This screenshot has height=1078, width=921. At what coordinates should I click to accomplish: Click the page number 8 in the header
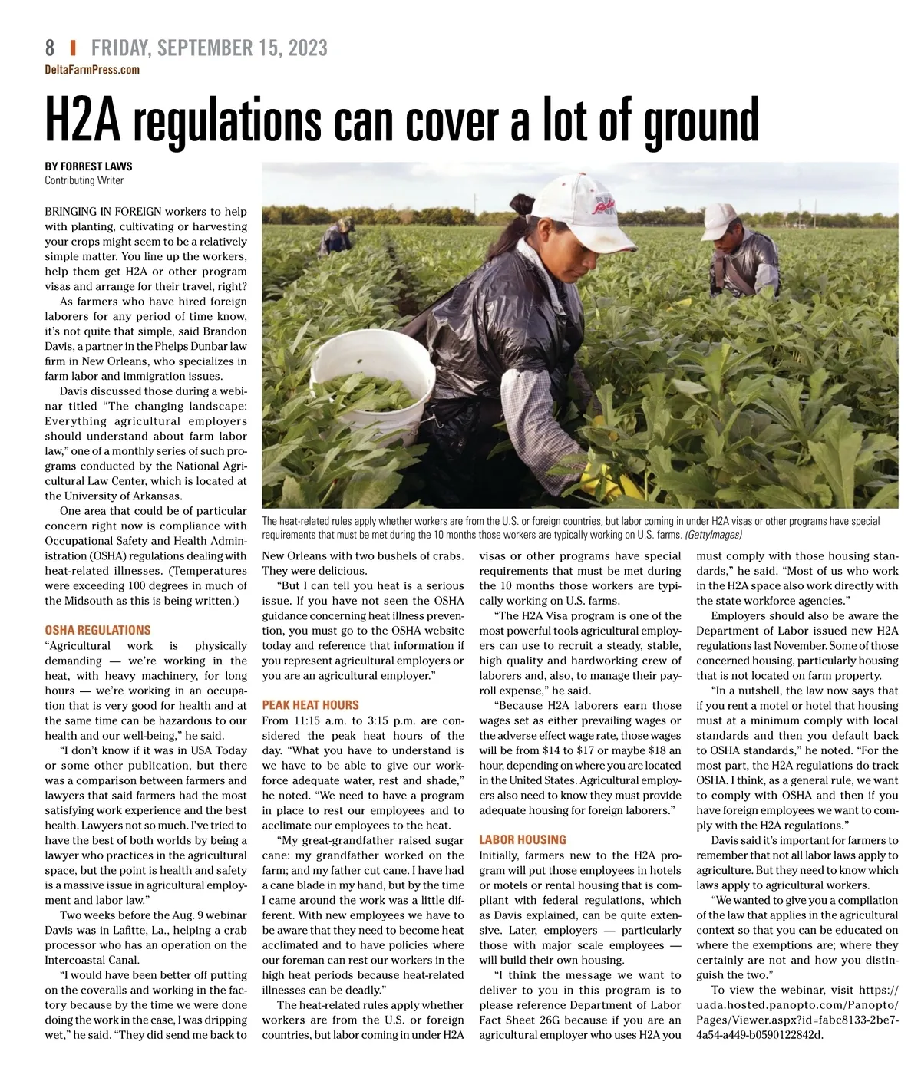[x=50, y=48]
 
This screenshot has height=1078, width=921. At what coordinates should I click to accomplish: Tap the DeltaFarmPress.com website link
[x=92, y=70]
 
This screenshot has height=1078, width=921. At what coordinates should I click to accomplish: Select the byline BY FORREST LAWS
[x=88, y=166]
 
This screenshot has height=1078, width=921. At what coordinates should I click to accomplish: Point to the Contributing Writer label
[x=84, y=180]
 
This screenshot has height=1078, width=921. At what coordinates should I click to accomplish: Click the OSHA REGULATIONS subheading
[x=97, y=630]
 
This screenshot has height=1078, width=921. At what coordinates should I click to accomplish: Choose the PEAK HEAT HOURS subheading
[x=310, y=704]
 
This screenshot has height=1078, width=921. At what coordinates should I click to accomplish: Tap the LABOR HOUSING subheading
[x=522, y=839]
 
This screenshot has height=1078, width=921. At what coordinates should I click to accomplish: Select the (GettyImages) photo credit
[x=713, y=535]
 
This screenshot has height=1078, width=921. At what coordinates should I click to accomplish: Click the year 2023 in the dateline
[x=308, y=48]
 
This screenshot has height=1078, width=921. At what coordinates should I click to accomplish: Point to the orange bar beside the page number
[x=73, y=48]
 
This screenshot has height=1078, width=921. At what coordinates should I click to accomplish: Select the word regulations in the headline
[x=226, y=121]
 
